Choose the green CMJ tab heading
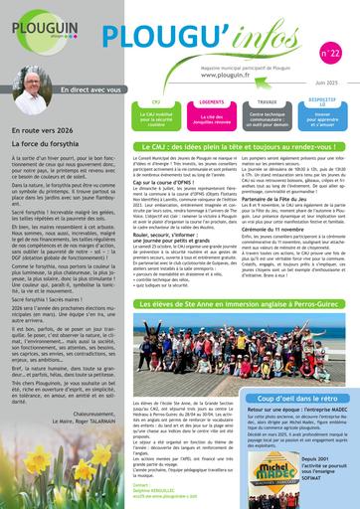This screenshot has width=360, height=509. (x=166, y=101)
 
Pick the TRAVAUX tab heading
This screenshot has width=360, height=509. (x=267, y=101)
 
